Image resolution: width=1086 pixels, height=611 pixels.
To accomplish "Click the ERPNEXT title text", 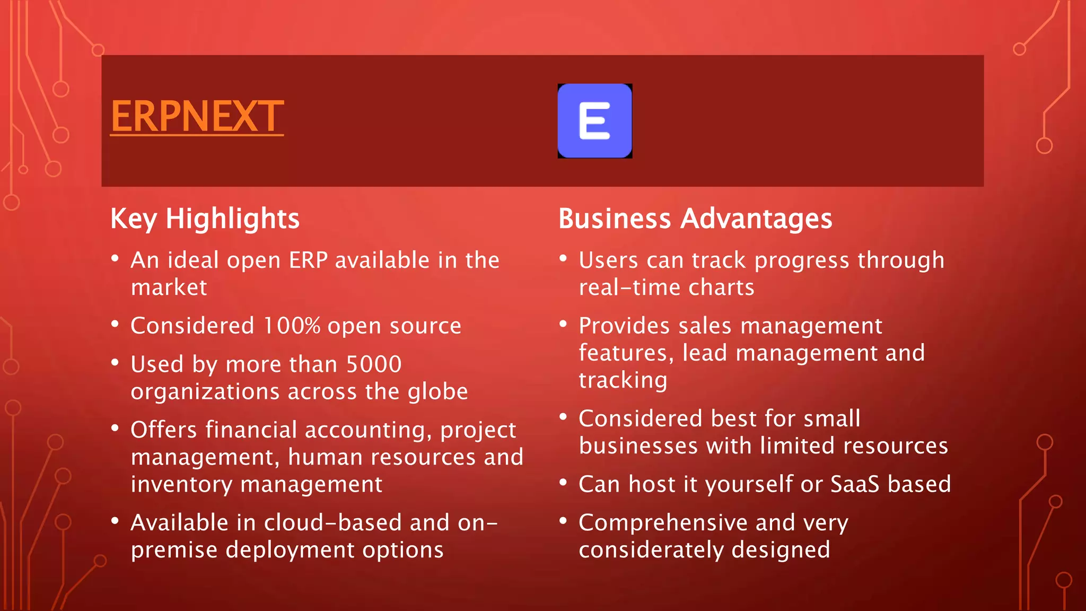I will point(197,116).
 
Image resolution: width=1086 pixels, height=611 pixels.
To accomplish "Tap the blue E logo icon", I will point(594,121).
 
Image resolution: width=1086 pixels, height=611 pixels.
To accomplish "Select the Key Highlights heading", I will point(205,219).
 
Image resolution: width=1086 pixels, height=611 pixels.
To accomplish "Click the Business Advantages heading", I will point(695,219).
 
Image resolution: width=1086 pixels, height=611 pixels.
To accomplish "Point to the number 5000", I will point(374,364).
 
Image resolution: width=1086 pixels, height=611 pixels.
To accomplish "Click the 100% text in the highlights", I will point(292,326).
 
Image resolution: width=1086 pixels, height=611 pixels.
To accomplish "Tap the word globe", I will point(437,391).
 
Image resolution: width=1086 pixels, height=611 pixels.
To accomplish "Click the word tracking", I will point(623,381).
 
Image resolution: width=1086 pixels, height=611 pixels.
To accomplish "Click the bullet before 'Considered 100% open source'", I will point(115,324).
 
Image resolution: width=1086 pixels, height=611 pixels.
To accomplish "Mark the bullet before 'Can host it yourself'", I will point(563,482).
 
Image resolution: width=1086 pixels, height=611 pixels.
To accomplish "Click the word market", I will point(169,287).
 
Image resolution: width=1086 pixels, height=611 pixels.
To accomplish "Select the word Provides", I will point(624,326).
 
